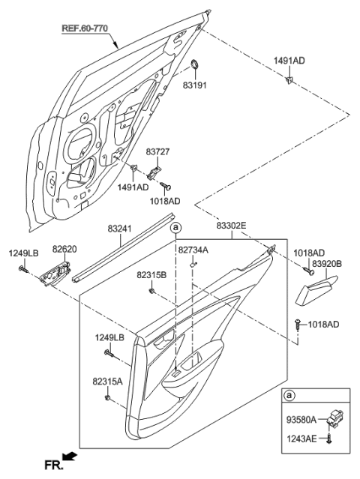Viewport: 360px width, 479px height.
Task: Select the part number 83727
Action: [x=158, y=151]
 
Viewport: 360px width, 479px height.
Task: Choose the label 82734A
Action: [x=193, y=249]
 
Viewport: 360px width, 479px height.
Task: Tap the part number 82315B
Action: [x=151, y=274]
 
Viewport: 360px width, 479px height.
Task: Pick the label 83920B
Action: [x=327, y=263]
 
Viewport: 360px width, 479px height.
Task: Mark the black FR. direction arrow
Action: [x=70, y=458]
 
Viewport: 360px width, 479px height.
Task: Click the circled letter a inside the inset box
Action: [x=290, y=395]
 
